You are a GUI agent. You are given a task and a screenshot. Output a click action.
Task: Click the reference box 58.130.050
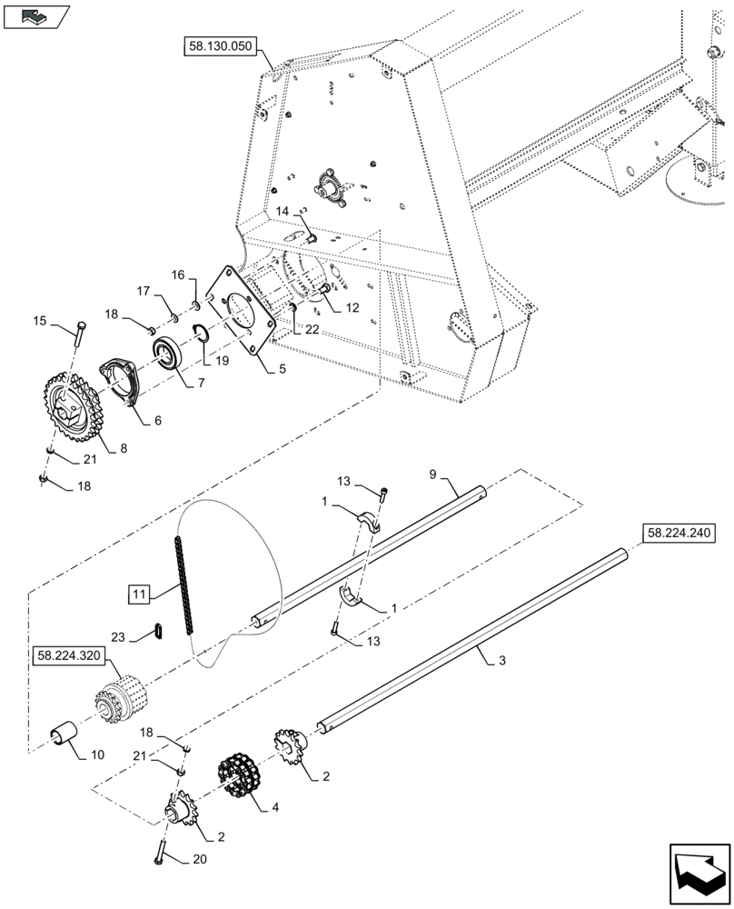tap(221, 48)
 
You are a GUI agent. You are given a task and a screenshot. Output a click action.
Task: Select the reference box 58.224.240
tap(681, 534)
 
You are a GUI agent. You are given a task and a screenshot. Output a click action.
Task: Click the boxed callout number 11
tap(137, 596)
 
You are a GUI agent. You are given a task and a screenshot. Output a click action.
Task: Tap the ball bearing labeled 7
tap(171, 352)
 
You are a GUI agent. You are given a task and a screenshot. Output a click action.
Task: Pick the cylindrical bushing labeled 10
tap(65, 731)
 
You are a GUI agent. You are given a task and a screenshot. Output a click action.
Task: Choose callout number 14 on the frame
tap(283, 211)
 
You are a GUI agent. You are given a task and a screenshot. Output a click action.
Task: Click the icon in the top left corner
tap(35, 15)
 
